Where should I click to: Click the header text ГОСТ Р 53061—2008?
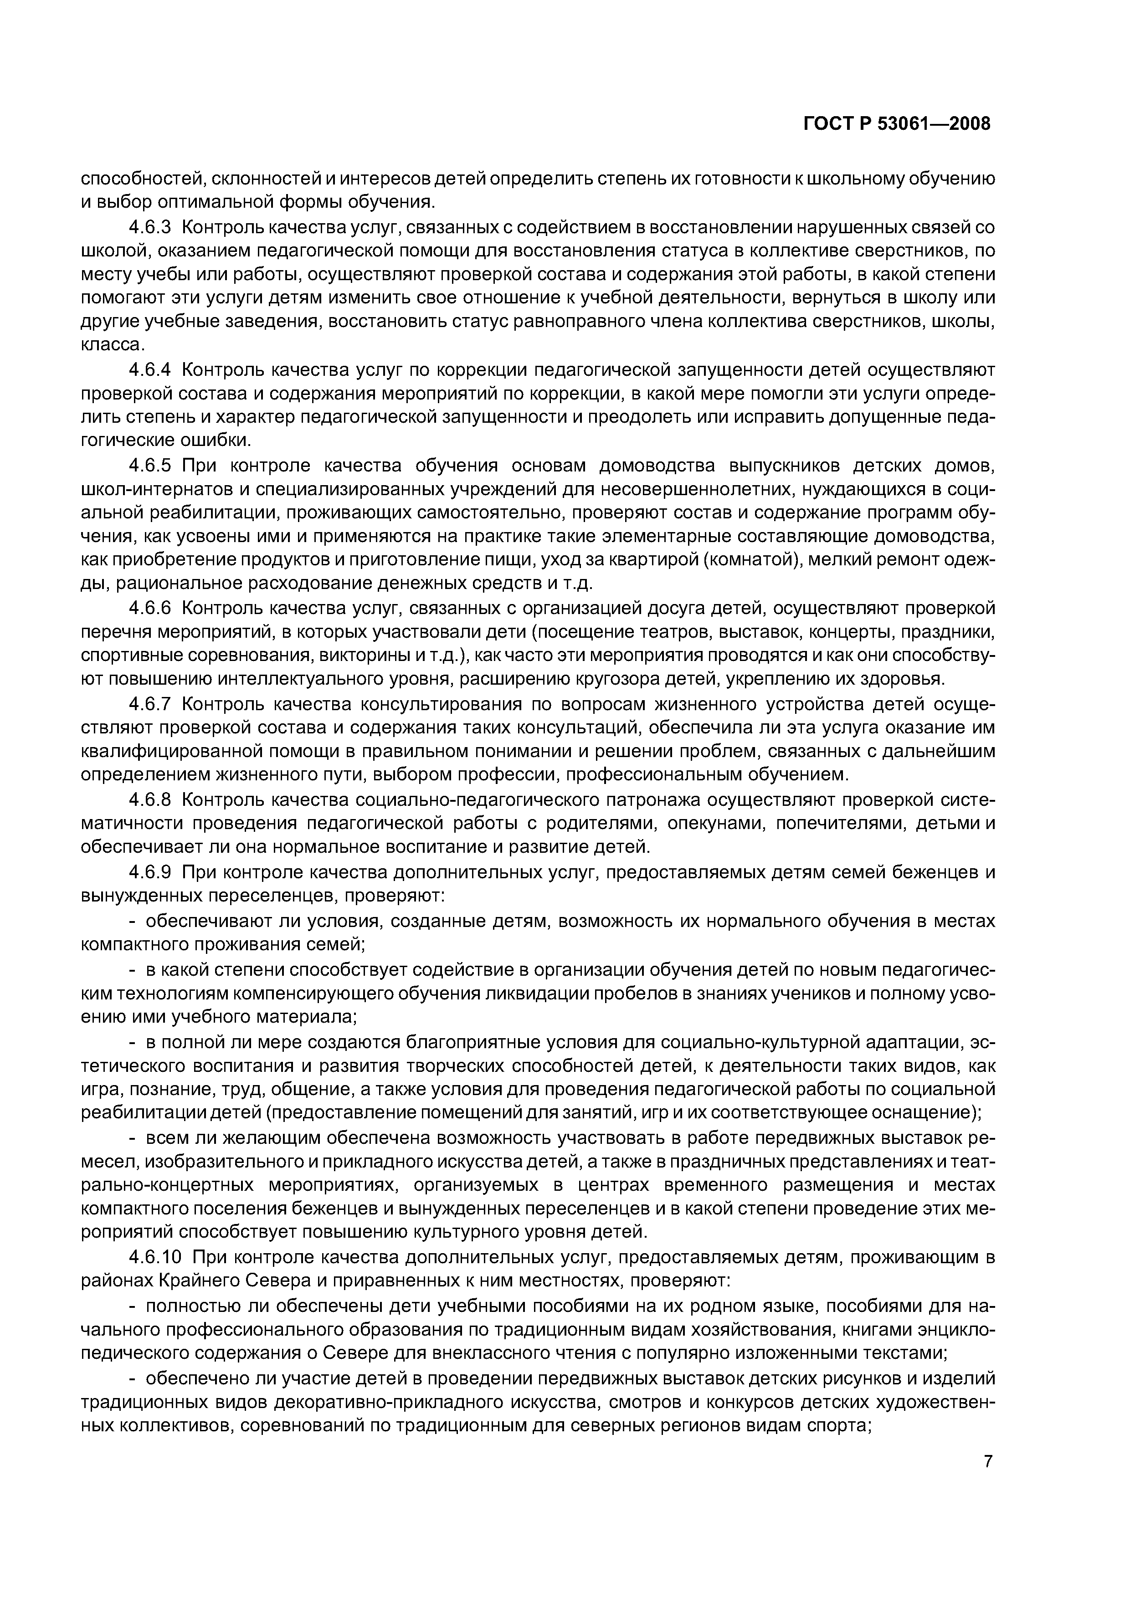pos(897,124)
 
